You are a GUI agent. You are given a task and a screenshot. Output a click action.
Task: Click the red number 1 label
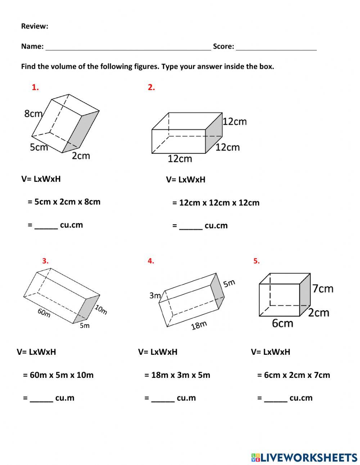(35, 87)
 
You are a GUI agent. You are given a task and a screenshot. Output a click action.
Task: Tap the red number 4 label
(151, 261)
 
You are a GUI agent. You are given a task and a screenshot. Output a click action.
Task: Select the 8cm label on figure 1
(33, 114)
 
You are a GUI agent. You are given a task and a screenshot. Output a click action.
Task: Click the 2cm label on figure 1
(81, 156)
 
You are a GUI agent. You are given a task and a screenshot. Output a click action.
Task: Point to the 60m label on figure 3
(44, 313)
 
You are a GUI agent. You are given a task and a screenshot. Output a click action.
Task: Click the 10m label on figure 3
(101, 309)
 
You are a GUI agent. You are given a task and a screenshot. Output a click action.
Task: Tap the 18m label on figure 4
(199, 326)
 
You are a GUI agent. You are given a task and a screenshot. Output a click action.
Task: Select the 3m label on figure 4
(155, 296)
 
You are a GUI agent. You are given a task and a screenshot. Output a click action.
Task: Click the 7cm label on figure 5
(323, 289)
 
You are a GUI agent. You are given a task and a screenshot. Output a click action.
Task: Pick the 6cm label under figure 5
(282, 323)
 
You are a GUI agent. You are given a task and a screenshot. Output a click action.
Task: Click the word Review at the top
(35, 26)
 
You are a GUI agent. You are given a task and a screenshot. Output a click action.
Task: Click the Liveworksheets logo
(304, 457)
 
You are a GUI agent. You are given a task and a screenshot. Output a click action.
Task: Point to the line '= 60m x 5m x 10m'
(58, 375)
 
